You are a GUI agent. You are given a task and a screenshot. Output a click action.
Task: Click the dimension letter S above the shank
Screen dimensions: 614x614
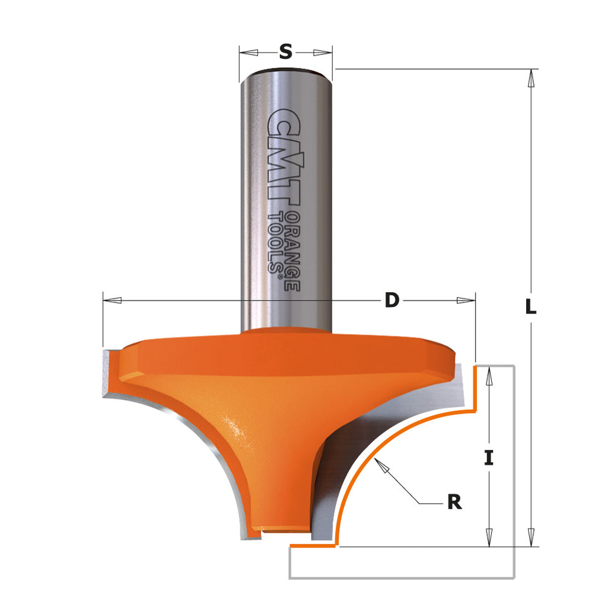point(285,52)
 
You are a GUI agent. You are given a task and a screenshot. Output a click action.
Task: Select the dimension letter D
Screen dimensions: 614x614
point(392,301)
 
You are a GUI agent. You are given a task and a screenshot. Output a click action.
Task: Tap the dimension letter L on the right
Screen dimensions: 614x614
point(531,308)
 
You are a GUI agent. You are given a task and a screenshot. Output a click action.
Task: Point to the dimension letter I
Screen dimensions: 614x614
point(489,458)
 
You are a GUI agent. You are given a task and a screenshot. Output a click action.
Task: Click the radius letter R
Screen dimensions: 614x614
point(454,502)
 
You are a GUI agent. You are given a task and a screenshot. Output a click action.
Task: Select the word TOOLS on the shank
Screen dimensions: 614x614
point(276,242)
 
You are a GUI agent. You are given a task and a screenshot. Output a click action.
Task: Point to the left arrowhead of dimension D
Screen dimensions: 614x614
point(112,301)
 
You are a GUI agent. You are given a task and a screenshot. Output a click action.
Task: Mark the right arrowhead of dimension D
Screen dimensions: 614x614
point(466,301)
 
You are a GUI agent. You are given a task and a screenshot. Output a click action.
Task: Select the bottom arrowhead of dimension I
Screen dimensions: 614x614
point(489,537)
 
